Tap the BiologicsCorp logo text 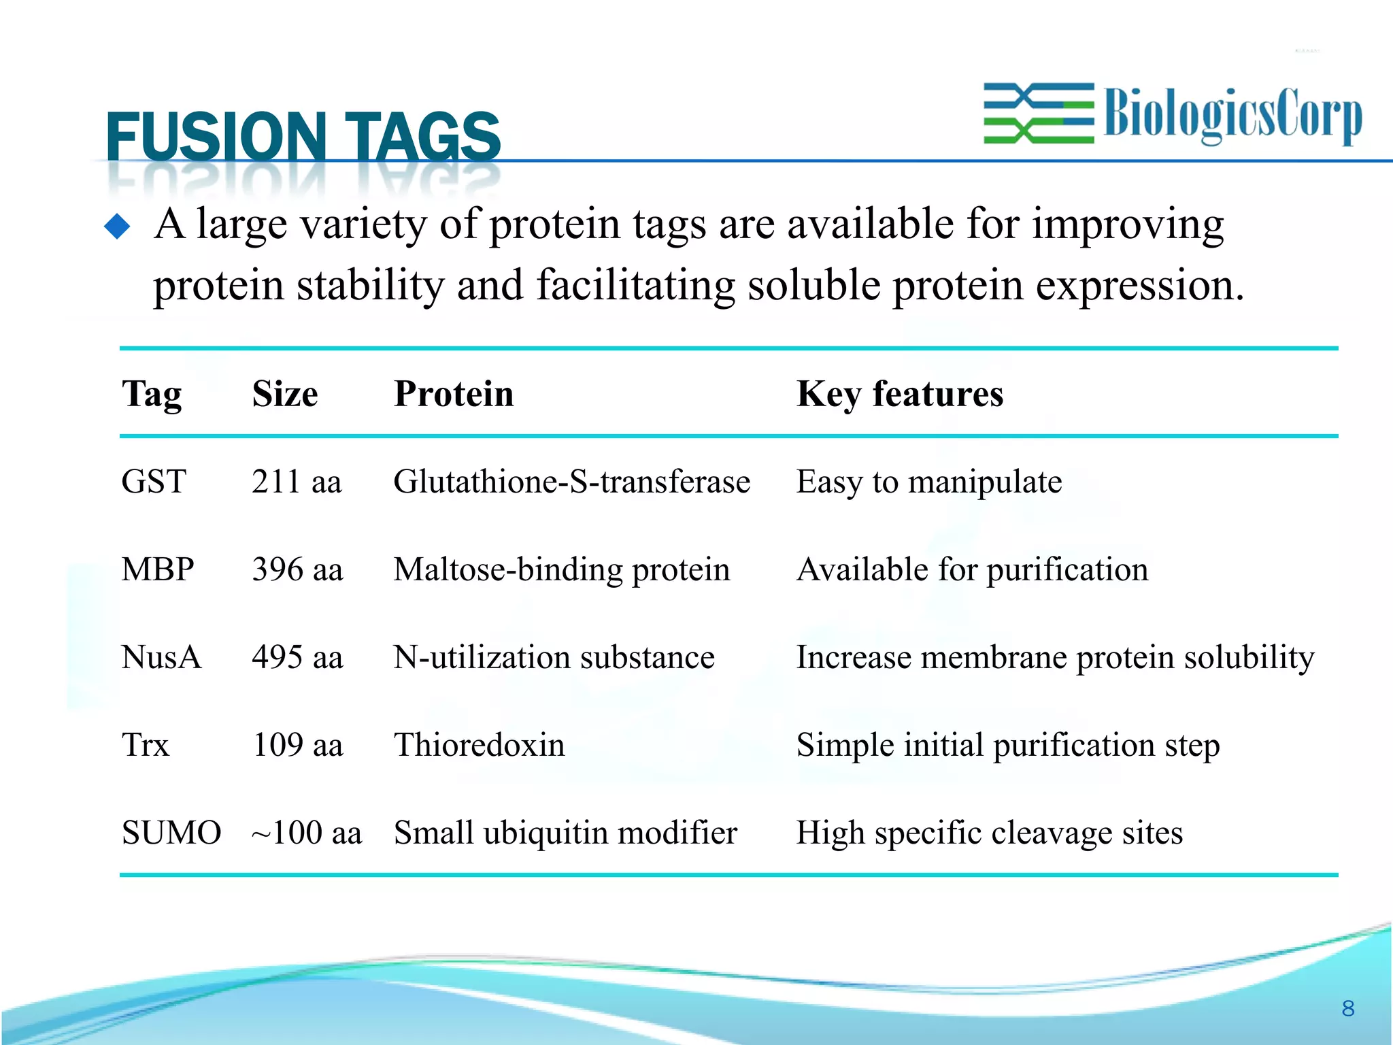[x=1232, y=114]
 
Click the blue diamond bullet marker [x=117, y=227]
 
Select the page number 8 [x=1348, y=1008]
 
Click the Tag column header [x=152, y=394]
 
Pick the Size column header [x=284, y=394]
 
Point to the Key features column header [x=899, y=394]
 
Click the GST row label [x=154, y=482]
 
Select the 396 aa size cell [x=297, y=569]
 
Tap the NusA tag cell [x=161, y=657]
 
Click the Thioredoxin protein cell [x=479, y=745]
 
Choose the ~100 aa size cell [x=306, y=833]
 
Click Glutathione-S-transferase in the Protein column [x=571, y=482]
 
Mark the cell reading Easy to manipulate [x=928, y=482]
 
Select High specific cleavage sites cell [x=989, y=833]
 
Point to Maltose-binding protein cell [x=561, y=569]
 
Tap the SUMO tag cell [x=171, y=833]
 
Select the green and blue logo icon [x=1039, y=113]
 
